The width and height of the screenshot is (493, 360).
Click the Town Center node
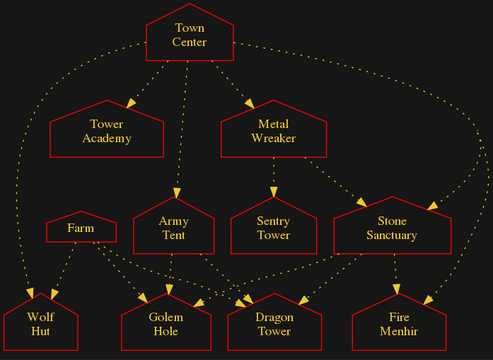click(x=190, y=35)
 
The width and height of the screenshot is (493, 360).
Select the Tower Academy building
click(x=107, y=132)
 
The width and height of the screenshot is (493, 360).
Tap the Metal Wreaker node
click(x=273, y=132)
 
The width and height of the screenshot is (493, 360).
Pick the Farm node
click(x=81, y=228)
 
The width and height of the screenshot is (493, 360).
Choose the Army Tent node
click(x=173, y=228)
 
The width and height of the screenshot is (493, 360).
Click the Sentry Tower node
click(x=273, y=228)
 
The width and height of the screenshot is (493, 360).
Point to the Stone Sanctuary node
click(x=392, y=228)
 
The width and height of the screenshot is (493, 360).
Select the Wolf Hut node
click(x=40, y=325)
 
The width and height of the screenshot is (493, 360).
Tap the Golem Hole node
click(x=166, y=325)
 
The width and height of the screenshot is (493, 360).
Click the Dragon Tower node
click(x=274, y=325)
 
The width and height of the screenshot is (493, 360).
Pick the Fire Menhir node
click(x=399, y=325)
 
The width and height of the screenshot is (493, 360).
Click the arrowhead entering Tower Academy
click(x=130, y=104)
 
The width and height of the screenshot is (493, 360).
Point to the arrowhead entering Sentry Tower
click(x=273, y=192)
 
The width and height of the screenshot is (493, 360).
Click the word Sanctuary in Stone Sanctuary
click(x=392, y=236)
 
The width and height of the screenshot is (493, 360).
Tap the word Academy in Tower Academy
click(x=107, y=139)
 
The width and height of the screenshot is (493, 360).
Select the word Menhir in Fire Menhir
click(x=399, y=332)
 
